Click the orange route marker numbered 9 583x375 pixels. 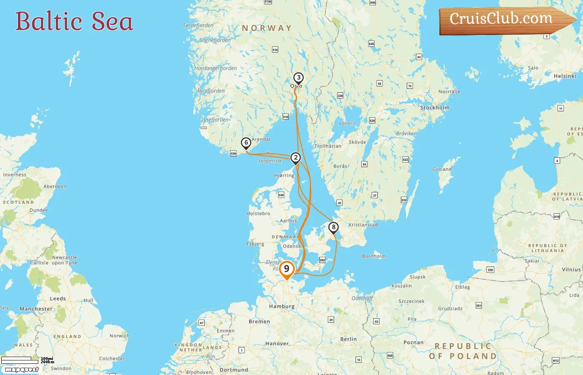(287, 269)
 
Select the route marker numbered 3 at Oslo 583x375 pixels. (298, 77)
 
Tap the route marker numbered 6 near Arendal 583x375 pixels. (246, 143)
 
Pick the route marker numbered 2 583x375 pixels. (296, 157)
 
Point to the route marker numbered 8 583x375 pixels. (334, 227)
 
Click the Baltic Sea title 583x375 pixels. (74, 21)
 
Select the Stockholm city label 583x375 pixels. (435, 107)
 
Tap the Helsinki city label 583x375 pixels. (565, 76)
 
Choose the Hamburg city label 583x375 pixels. (282, 306)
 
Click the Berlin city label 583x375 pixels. (349, 339)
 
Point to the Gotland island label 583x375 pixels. (442, 169)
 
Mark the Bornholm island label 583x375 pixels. (374, 256)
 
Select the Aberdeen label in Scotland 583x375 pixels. (55, 186)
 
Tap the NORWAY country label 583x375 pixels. (267, 28)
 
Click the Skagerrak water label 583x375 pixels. (270, 160)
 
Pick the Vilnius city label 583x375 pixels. (571, 270)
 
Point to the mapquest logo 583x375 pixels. (22, 369)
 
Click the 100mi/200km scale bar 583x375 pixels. (17, 359)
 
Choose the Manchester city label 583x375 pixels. (36, 309)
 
